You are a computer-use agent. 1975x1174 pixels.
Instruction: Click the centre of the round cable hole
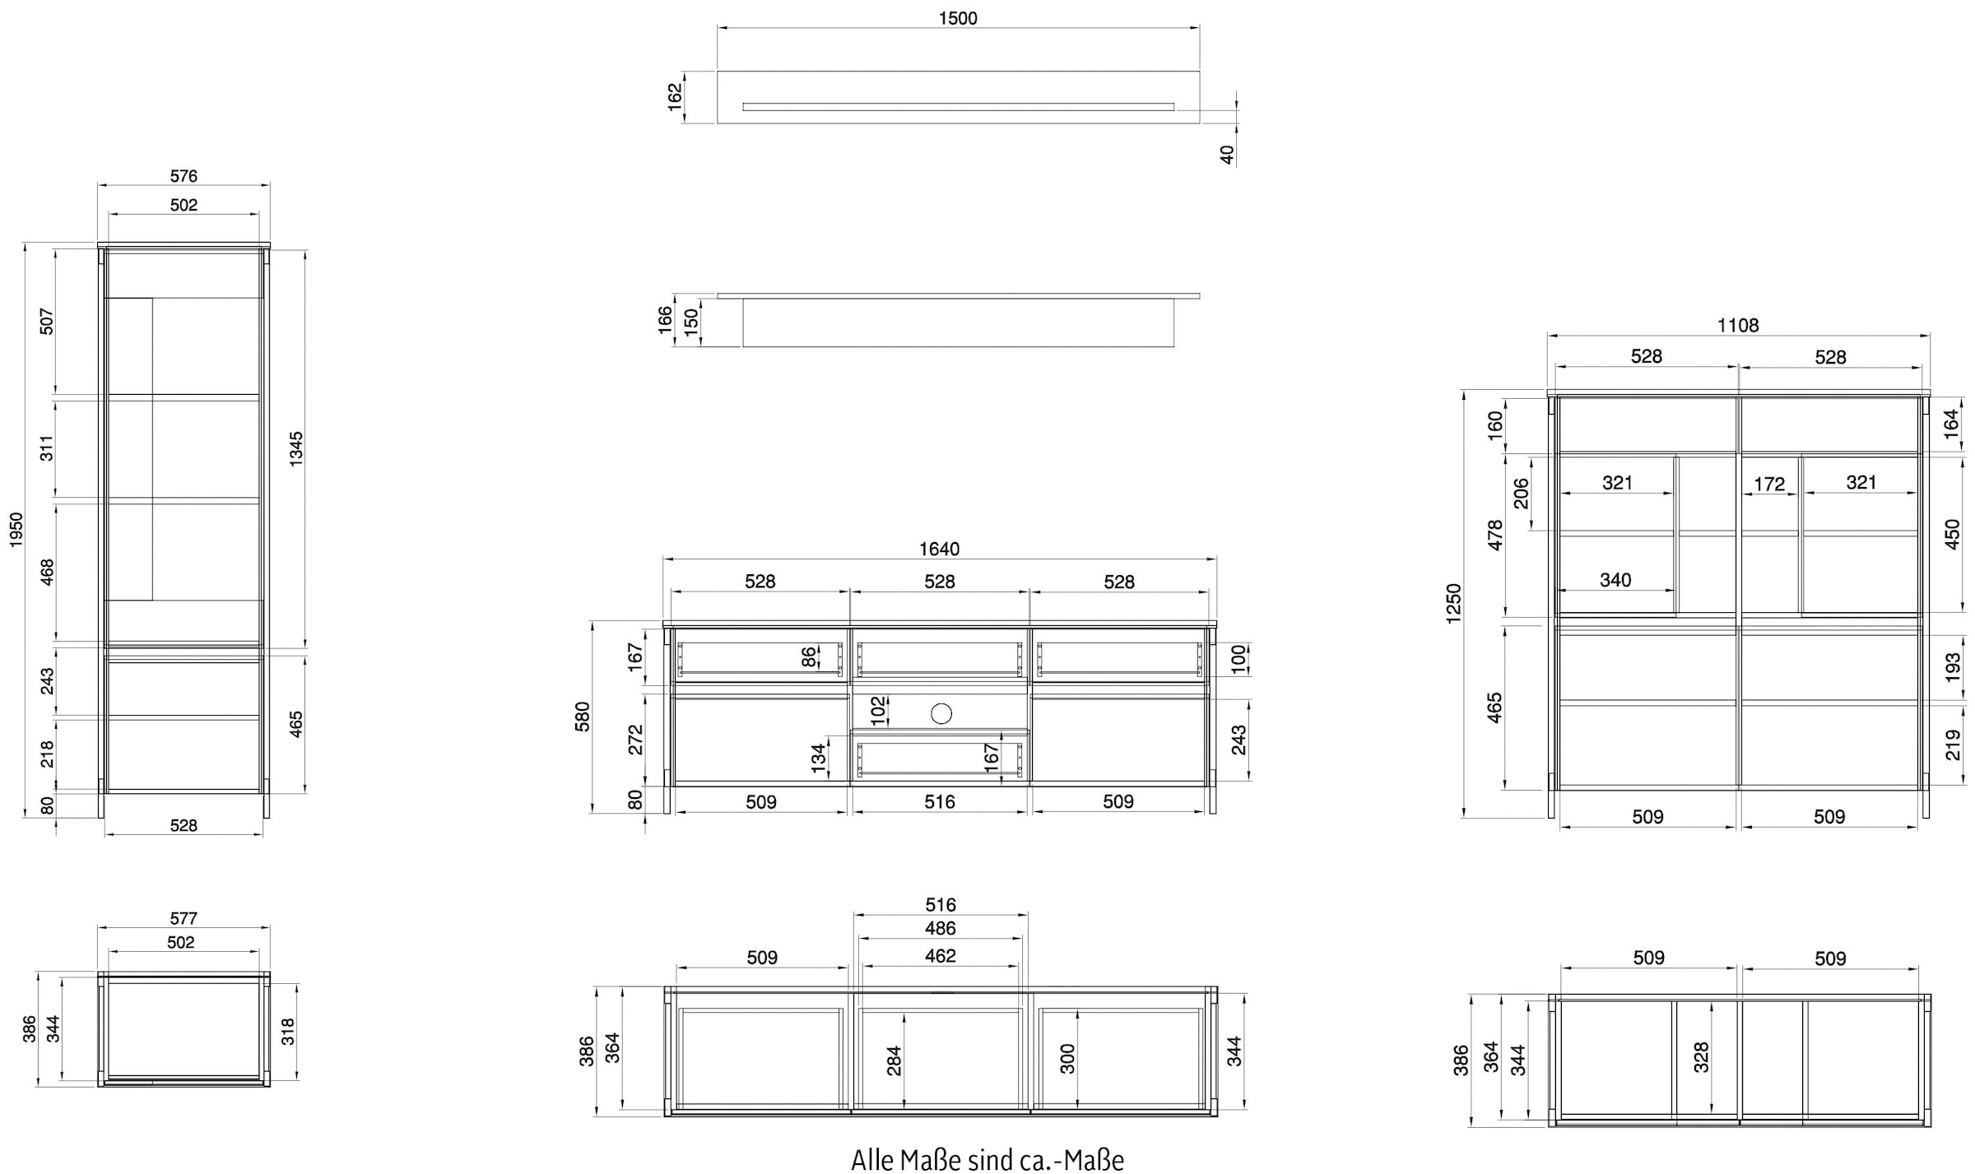(941, 713)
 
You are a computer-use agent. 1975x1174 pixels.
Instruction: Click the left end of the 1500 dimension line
(718, 28)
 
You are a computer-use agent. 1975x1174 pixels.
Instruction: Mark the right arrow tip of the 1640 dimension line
(1216, 559)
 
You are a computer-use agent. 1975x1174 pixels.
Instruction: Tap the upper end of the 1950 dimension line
(26, 244)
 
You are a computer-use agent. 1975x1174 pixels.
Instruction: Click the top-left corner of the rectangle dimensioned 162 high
(718, 72)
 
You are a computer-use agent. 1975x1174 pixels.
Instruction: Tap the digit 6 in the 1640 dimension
(935, 549)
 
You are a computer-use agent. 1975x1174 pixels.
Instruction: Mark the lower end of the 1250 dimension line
(1465, 818)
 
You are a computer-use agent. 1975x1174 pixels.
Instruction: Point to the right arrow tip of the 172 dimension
(1796, 494)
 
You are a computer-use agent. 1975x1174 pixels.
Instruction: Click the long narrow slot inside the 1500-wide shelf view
(958, 107)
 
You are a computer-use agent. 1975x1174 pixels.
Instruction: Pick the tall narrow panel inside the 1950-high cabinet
(130, 448)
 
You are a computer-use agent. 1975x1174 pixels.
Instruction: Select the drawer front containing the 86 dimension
(760, 659)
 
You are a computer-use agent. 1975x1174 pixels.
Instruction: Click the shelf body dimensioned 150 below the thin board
(958, 323)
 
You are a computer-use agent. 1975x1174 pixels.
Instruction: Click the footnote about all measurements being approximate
(987, 1159)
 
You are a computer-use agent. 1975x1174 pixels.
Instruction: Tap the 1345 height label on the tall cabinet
(296, 449)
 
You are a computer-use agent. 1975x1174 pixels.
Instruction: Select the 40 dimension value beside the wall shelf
(1227, 155)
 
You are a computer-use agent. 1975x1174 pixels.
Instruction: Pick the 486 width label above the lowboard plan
(940, 928)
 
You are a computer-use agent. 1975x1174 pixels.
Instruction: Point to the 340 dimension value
(1615, 580)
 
